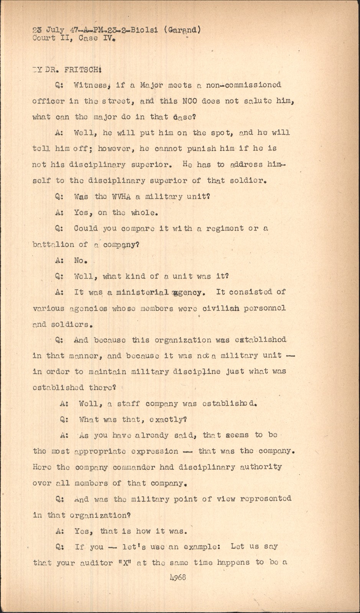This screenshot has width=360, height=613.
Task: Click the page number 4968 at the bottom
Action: (x=177, y=577)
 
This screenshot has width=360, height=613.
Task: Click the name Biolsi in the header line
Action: (x=144, y=30)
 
